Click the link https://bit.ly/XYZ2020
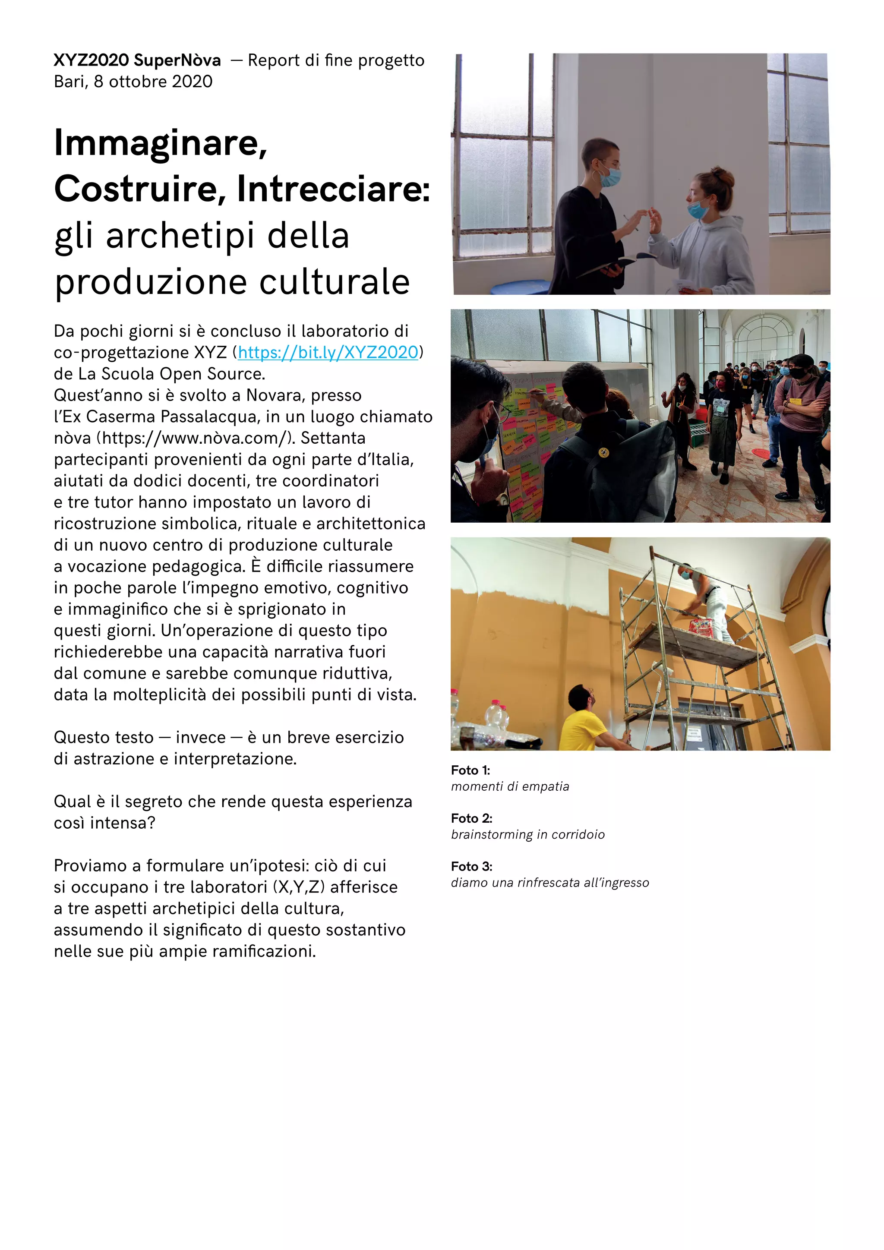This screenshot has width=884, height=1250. (328, 353)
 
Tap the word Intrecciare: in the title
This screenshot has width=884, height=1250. (333, 189)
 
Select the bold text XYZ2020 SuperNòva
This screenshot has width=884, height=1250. (137, 60)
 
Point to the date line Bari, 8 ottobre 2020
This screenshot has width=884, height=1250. (133, 82)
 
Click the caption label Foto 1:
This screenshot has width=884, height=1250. (470, 770)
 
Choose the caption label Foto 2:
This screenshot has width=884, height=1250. (471, 818)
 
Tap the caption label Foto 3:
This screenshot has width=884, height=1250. (471, 866)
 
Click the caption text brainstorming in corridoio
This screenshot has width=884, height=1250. (527, 835)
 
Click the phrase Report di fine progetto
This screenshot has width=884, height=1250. (336, 60)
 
